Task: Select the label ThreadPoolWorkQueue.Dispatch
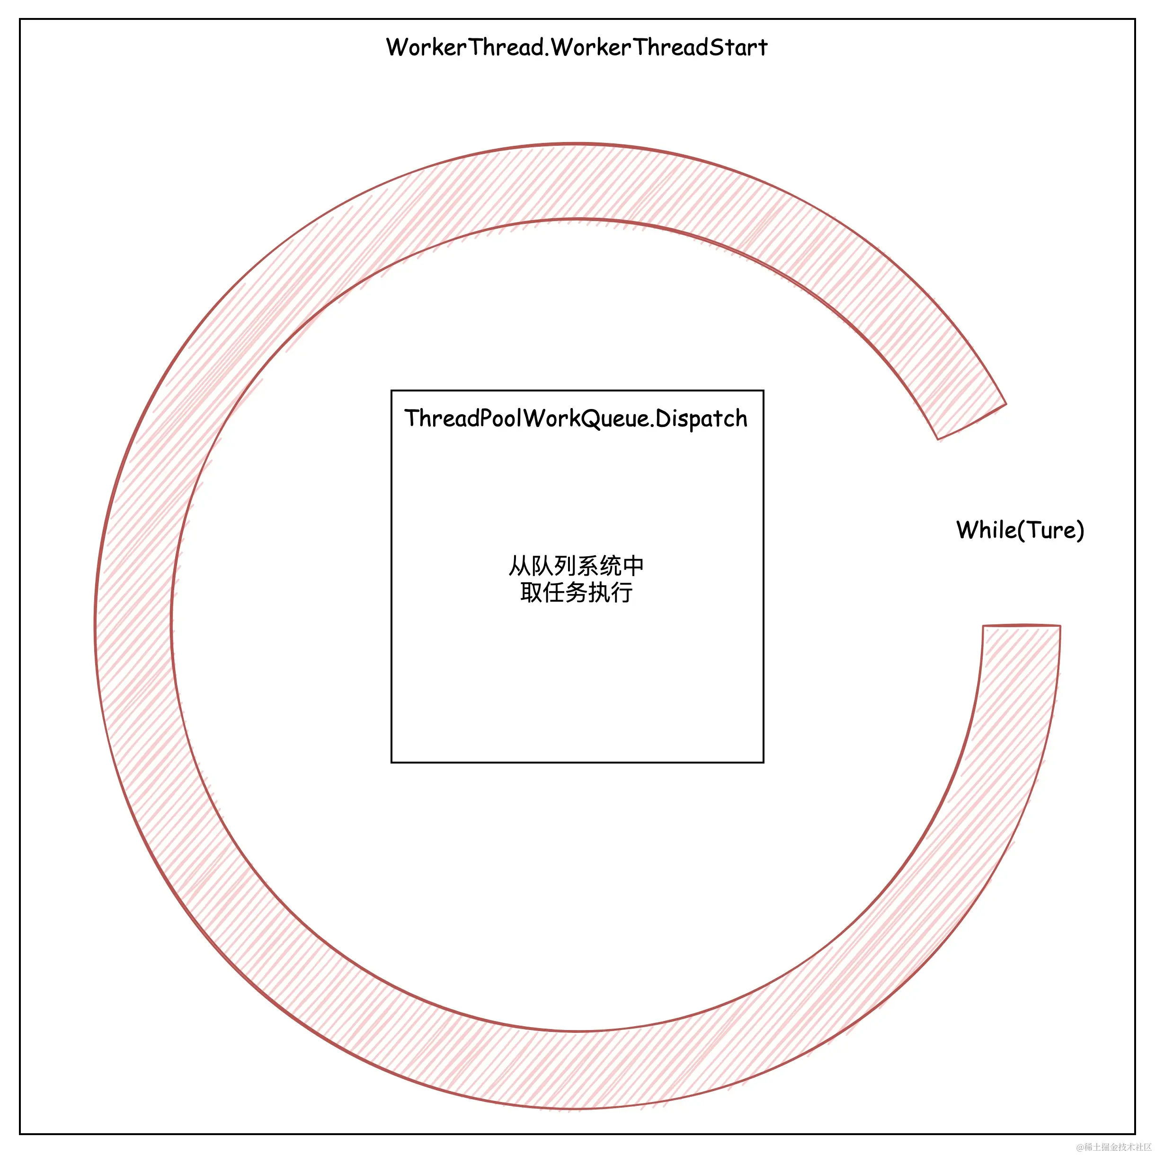pyautogui.click(x=576, y=418)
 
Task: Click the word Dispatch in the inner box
pyautogui.click(x=701, y=419)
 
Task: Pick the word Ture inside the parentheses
pyautogui.click(x=1052, y=530)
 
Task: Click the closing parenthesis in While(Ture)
pyautogui.click(x=1080, y=530)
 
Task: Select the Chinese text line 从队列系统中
pyautogui.click(x=576, y=566)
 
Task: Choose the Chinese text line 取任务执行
pyautogui.click(x=576, y=593)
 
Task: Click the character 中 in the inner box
pyautogui.click(x=633, y=566)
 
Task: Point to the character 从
pyautogui.click(x=520, y=566)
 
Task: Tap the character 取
pyautogui.click(x=531, y=593)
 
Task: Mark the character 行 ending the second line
pyautogui.click(x=622, y=593)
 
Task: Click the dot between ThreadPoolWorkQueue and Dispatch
pyautogui.click(x=651, y=425)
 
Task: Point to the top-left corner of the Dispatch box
pyautogui.click(x=391, y=391)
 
